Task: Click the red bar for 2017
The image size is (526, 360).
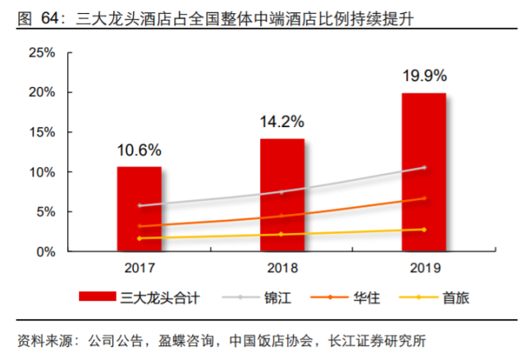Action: (139, 209)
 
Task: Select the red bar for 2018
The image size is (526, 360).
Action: (282, 195)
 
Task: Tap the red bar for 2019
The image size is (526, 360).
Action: (424, 172)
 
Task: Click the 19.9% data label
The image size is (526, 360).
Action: (424, 76)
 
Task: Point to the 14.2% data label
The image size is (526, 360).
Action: (282, 122)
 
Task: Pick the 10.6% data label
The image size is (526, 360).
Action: (139, 150)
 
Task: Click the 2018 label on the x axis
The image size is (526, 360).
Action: (282, 268)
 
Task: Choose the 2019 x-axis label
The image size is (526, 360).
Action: (424, 268)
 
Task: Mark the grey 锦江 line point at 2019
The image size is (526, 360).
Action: (424, 167)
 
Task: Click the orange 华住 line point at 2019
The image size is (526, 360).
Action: (424, 198)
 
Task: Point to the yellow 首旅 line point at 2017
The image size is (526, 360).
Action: (139, 239)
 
